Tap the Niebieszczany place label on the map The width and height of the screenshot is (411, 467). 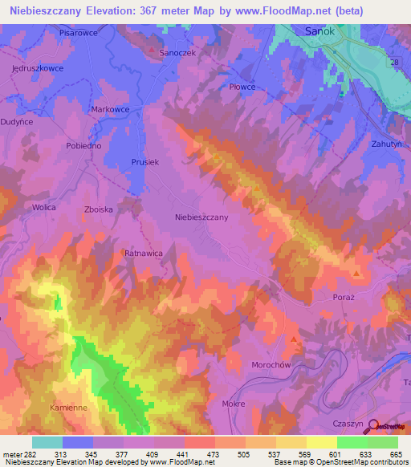(x=201, y=217)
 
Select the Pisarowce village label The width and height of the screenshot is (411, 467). (x=78, y=33)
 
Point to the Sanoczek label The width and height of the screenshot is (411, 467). (x=178, y=51)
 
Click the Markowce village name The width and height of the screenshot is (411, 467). (x=111, y=108)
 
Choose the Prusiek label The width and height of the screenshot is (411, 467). (x=145, y=161)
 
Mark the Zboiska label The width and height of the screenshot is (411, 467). (x=100, y=209)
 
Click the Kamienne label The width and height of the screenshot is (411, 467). (x=68, y=408)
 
